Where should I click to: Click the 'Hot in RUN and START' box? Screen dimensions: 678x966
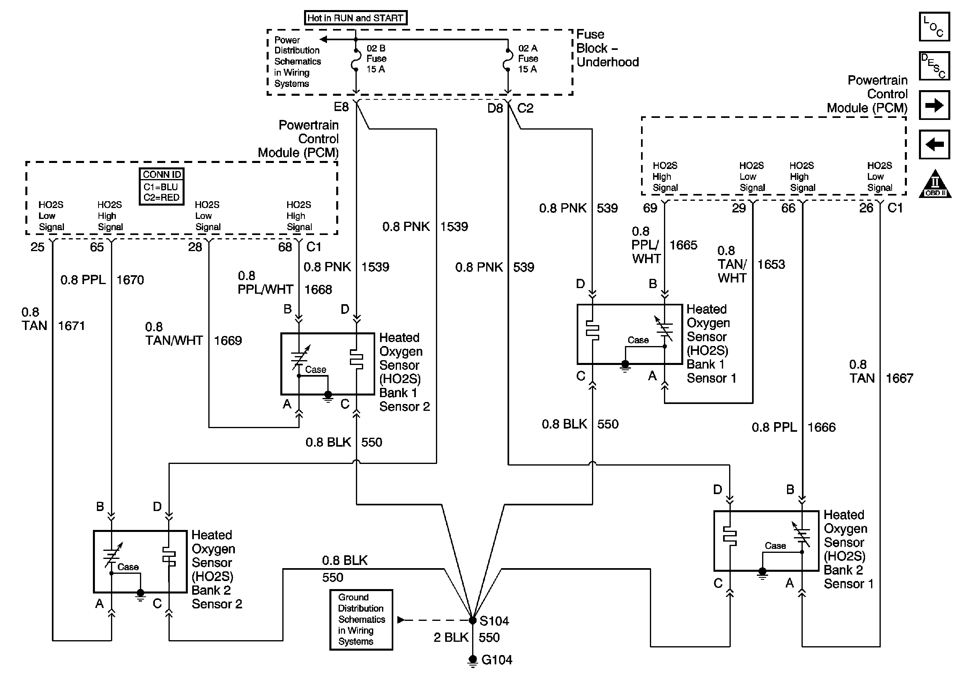click(356, 18)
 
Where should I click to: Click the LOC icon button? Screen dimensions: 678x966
click(934, 27)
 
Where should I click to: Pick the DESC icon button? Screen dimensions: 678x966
click(934, 66)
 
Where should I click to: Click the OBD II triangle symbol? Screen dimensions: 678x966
click(935, 184)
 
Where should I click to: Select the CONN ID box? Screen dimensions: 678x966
click(162, 186)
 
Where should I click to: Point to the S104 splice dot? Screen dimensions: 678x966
click(473, 620)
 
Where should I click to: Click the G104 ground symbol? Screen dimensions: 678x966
click(473, 661)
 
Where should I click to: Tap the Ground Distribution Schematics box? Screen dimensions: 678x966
click(361, 620)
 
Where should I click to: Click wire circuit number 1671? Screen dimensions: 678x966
click(71, 326)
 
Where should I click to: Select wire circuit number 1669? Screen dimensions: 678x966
click(228, 340)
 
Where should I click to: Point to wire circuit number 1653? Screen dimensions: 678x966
click(771, 264)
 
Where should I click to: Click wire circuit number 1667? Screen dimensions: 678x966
click(899, 378)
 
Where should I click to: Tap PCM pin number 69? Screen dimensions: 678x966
click(649, 208)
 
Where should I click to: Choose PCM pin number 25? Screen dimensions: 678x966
click(37, 247)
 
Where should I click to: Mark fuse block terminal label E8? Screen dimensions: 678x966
click(341, 107)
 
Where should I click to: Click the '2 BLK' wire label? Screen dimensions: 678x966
click(450, 638)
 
